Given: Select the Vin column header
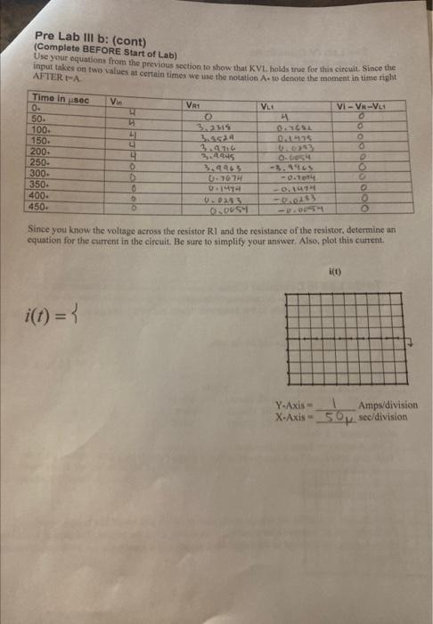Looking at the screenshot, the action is tap(117, 101).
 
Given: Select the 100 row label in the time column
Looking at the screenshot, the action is tap(41, 129).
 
